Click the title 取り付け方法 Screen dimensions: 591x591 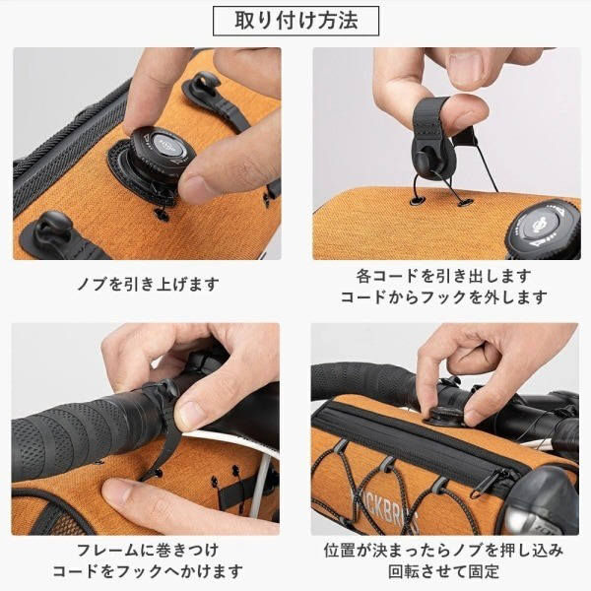coord(295,21)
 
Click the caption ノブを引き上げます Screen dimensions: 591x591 coord(148,284)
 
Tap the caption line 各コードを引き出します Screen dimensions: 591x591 coord(444,276)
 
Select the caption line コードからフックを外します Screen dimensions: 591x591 coord(444,297)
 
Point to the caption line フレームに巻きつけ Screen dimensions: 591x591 coord(148,550)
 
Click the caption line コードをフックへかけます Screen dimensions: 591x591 coord(148,571)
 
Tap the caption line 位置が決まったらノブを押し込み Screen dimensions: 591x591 coord(444,550)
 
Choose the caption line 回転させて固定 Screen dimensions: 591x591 coord(444,571)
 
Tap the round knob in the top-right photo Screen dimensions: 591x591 coord(543,229)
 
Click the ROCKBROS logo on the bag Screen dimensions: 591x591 coord(384,508)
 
